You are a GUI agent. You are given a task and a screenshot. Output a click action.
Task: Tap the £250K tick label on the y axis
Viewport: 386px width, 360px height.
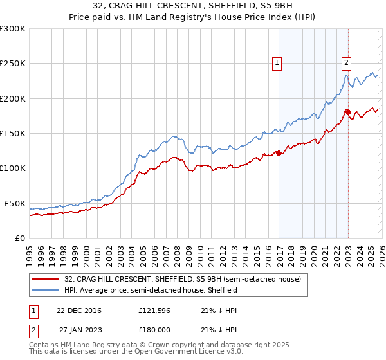click(x=13, y=64)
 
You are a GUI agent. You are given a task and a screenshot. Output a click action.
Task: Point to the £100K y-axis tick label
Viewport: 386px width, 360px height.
click(x=13, y=168)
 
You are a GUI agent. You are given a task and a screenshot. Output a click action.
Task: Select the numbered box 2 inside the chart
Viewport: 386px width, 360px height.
click(x=347, y=63)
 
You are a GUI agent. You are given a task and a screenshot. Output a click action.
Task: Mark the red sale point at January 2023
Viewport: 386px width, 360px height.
click(x=348, y=113)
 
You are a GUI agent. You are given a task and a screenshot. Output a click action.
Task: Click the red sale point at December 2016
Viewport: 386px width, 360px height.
click(x=279, y=153)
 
